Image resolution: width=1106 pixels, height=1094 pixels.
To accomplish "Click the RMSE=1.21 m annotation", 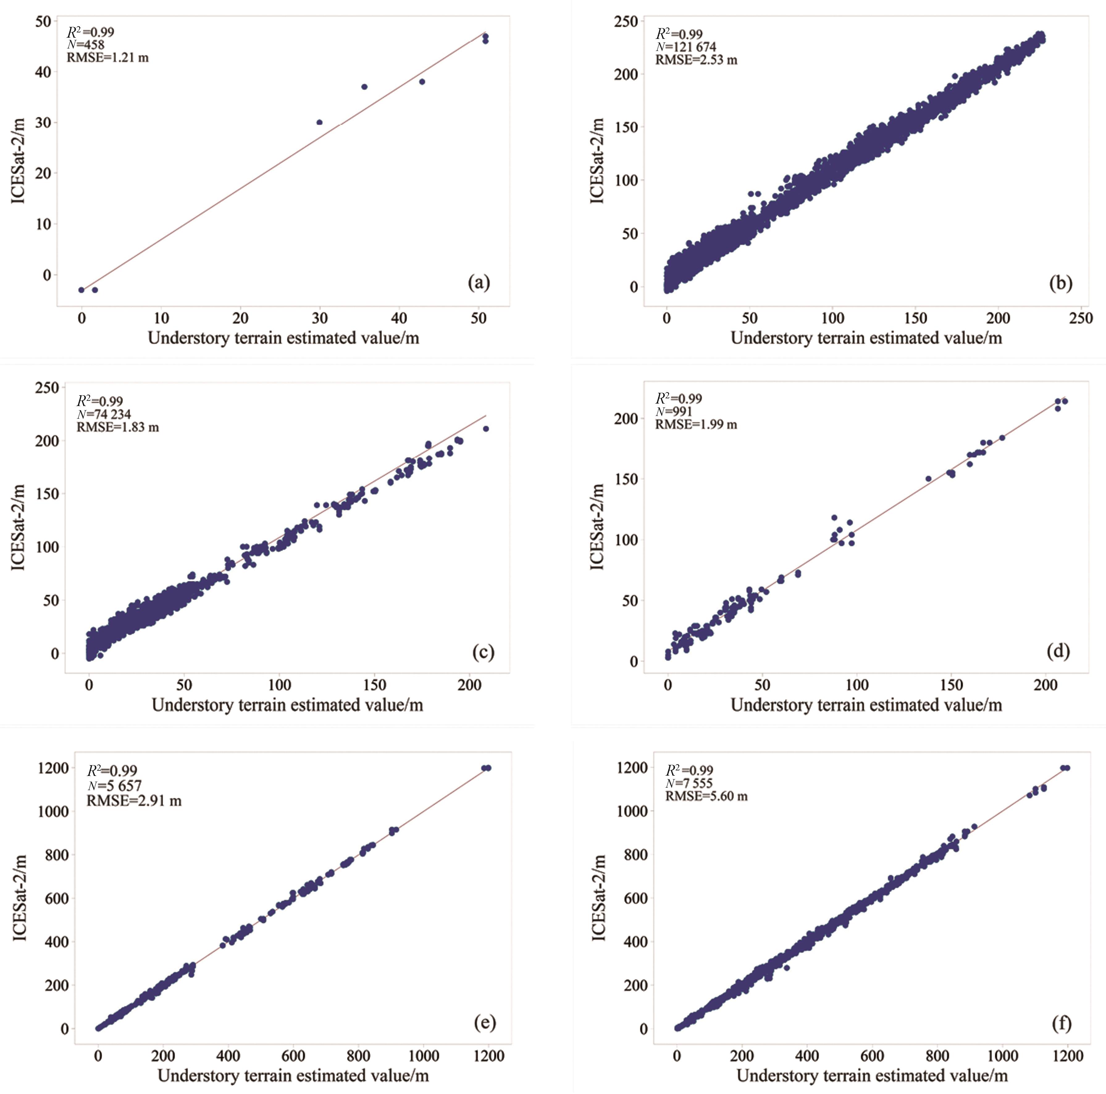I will (108, 57).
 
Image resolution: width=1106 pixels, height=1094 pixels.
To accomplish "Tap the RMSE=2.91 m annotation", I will (134, 800).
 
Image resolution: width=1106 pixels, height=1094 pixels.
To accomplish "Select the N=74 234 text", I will (104, 414).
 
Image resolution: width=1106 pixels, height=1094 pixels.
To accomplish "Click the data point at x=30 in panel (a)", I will (320, 122).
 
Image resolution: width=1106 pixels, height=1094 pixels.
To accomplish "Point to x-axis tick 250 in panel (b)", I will (1080, 318).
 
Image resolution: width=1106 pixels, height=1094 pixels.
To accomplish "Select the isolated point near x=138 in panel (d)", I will (928, 479).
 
